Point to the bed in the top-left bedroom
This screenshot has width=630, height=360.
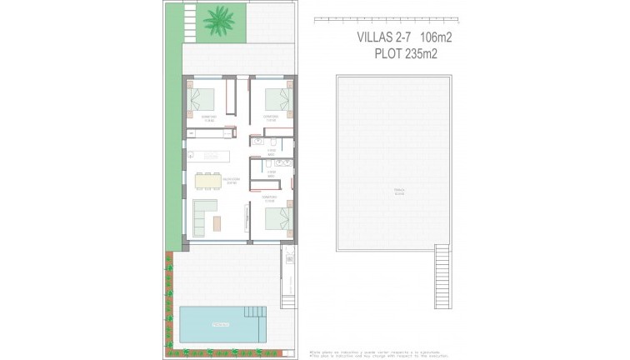click(204, 100)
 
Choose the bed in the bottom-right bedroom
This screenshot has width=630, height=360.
click(275, 218)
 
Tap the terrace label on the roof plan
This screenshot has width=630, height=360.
click(400, 191)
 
